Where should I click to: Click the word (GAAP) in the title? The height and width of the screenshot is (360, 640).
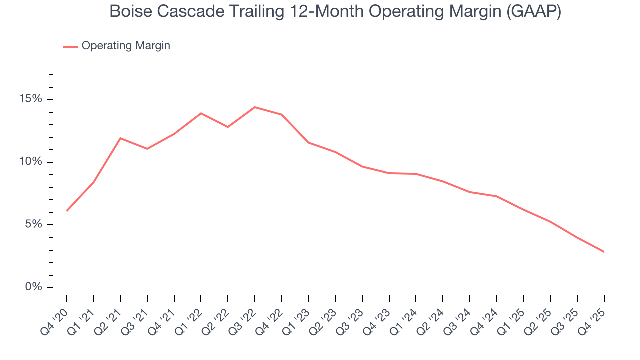(x=533, y=11)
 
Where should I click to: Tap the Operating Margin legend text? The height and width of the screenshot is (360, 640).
(x=126, y=46)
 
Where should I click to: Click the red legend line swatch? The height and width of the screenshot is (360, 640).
(x=70, y=46)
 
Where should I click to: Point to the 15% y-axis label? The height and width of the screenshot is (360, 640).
(x=30, y=99)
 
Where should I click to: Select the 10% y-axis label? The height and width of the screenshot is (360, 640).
(x=30, y=162)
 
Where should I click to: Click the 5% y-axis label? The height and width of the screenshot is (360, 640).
(x=33, y=224)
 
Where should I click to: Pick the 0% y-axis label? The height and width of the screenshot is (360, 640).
(x=33, y=287)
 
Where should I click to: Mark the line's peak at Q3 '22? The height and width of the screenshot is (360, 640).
(x=255, y=107)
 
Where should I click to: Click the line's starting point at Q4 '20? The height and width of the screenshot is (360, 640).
(x=67, y=210)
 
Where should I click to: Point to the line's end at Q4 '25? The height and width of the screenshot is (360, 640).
(x=604, y=251)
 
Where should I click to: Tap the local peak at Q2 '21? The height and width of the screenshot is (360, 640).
(x=120, y=138)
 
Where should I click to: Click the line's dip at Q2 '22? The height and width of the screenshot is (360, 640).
(x=228, y=127)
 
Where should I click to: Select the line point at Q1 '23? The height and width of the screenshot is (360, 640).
(x=308, y=143)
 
